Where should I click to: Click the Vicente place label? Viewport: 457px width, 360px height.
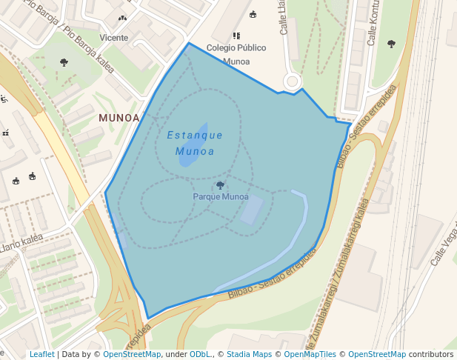coord(113,38)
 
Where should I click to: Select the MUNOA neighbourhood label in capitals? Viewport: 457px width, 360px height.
coord(119,118)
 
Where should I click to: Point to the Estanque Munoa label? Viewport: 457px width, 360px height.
coord(195,143)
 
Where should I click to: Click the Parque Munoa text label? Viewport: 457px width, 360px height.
coord(221,197)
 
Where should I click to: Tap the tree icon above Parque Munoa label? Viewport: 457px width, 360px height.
coord(220,185)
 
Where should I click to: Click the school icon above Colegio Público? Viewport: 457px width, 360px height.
coord(236,36)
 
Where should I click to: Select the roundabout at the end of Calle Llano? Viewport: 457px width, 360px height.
coord(292,81)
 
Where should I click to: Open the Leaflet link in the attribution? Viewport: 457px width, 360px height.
coord(41,354)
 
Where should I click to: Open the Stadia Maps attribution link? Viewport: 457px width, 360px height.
coord(249,354)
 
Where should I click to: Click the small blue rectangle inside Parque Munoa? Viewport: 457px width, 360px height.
coord(251,210)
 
